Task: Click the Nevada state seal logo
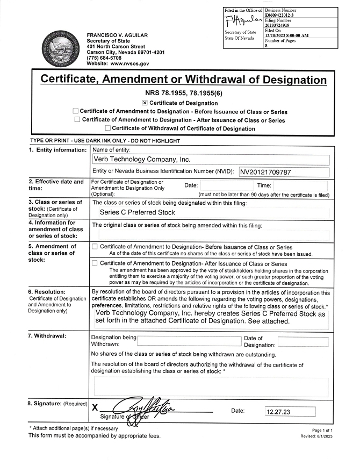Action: (62, 48)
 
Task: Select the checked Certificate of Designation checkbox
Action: (145, 103)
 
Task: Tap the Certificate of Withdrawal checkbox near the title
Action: (108, 128)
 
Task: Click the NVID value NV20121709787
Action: (265, 172)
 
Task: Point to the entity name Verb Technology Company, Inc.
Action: (142, 160)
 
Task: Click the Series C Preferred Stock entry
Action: (138, 212)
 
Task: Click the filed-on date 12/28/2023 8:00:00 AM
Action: (287, 35)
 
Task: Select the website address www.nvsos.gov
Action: (129, 63)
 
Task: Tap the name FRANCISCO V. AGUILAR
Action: (117, 35)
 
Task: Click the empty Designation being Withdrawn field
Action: (189, 341)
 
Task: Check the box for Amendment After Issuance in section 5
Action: (95, 263)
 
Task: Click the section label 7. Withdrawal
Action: (47, 336)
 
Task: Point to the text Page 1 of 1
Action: (322, 431)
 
